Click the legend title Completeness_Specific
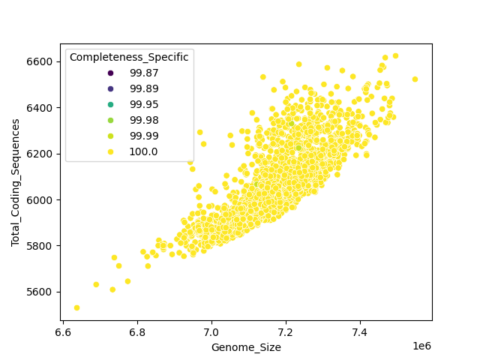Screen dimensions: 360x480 pos(129,57)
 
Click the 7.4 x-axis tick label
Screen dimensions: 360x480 pos(360,331)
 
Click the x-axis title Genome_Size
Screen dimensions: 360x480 pos(246,347)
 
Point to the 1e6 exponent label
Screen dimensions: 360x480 pos(421,345)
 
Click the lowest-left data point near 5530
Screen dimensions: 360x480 pos(76,307)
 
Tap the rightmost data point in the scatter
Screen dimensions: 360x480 pos(415,79)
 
